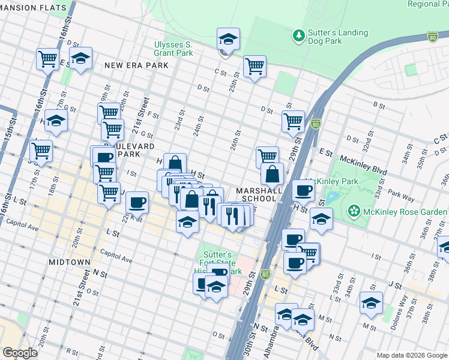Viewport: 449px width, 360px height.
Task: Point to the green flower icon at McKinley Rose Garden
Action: pyautogui.click(x=354, y=211)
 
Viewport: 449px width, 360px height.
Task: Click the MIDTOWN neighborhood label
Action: pyautogui.click(x=71, y=262)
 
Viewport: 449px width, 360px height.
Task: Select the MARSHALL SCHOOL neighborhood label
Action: pyautogui.click(x=259, y=194)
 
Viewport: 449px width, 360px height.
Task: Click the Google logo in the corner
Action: pyautogui.click(x=20, y=353)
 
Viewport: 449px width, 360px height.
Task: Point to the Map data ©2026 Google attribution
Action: pyautogui.click(x=412, y=355)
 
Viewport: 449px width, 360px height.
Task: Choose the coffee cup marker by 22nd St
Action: pyautogui.click(x=137, y=202)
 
